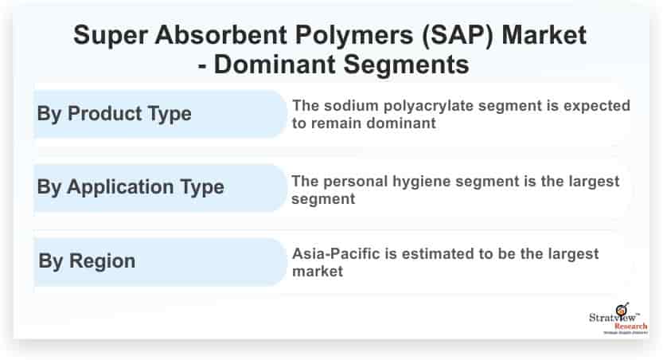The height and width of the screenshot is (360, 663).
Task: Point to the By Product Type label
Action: tap(114, 113)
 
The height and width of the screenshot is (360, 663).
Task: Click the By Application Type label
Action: tap(131, 188)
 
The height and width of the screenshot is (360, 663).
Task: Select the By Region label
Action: tap(86, 260)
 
